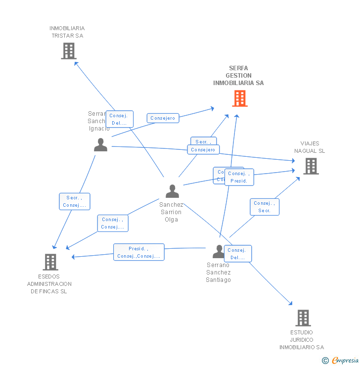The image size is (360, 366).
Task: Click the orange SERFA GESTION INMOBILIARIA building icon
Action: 240,98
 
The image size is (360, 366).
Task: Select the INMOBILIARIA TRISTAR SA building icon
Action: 69,51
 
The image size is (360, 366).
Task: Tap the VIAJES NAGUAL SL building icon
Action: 311,166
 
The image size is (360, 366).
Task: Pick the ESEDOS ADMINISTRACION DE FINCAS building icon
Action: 50,262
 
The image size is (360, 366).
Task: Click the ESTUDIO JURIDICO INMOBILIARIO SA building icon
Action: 303,318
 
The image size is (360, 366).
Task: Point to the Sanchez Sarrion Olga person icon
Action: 172,191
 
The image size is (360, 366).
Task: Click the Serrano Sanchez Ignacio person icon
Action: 100,145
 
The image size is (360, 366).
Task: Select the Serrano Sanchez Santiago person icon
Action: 218,251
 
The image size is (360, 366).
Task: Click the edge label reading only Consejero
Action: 163,118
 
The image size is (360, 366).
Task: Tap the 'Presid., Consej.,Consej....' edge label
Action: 138,252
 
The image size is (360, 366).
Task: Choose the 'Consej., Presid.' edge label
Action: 239,177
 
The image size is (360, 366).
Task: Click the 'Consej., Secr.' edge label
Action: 265,207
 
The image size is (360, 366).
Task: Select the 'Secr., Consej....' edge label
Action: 75,201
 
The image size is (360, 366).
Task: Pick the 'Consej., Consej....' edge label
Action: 113,223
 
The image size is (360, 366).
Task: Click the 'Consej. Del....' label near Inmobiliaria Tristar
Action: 119,119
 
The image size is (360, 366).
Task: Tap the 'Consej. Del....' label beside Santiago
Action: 238,254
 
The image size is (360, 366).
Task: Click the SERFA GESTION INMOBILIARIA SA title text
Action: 238,76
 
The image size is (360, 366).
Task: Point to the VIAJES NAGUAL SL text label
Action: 310,147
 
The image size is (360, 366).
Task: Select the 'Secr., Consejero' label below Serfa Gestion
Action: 203,146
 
